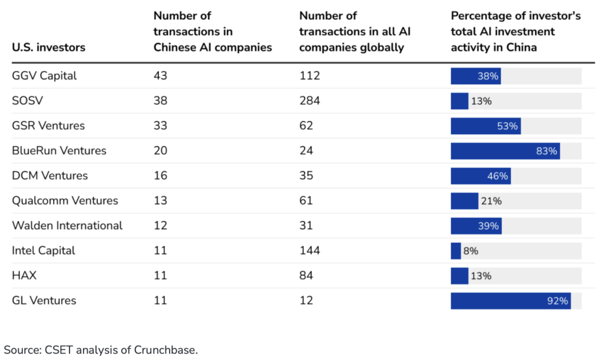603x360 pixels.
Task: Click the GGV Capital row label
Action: point(44,76)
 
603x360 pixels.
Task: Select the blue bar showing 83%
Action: point(505,151)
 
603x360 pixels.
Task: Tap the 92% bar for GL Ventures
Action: point(511,300)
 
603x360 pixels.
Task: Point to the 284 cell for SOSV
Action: point(310,101)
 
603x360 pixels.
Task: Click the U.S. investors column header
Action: point(49,47)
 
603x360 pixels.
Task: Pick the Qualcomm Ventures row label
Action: point(65,201)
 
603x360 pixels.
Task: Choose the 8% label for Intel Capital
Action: point(471,251)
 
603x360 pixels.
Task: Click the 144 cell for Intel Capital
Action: point(310,251)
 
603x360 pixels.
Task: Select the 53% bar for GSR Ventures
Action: point(486,125)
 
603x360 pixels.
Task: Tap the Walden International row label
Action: point(67,226)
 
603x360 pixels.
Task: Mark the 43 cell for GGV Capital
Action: point(160,76)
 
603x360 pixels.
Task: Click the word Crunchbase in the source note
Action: point(165,350)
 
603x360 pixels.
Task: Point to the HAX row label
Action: point(24,276)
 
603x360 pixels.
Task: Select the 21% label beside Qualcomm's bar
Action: point(491,201)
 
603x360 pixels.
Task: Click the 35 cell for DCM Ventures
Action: point(306,176)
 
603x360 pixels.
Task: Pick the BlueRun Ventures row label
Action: point(59,151)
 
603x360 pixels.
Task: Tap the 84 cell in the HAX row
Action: point(306,276)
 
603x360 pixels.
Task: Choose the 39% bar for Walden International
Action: point(476,226)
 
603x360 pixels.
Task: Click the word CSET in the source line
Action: point(59,350)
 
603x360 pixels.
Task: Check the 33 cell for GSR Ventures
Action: point(160,125)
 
